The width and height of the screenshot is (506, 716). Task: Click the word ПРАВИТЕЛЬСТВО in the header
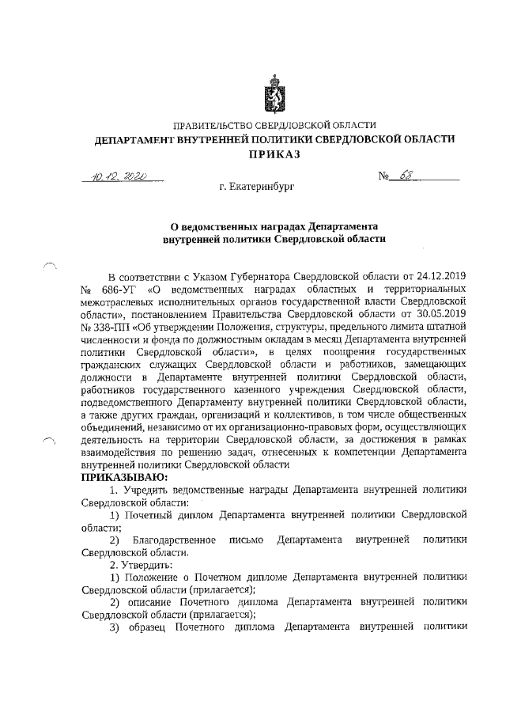click(213, 125)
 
